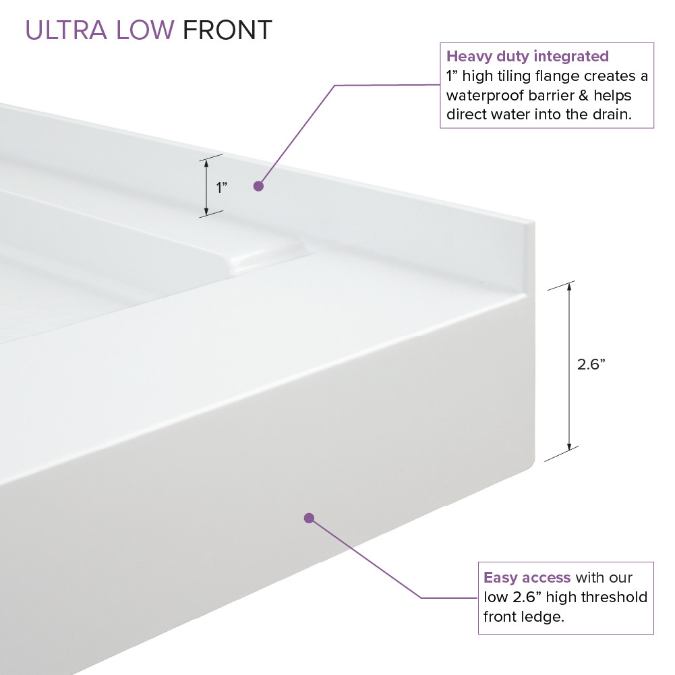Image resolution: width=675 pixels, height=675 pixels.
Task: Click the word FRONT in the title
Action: point(227,30)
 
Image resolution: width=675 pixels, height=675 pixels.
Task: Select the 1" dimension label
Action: point(221,187)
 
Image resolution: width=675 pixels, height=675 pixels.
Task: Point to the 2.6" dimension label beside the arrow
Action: point(591,364)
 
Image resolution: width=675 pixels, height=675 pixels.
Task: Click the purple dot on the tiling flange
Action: point(258,186)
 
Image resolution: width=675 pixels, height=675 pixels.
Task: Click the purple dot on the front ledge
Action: point(309,518)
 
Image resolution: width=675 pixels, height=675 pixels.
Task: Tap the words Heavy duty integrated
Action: point(527,56)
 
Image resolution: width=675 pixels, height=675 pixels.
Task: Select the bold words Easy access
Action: point(527,578)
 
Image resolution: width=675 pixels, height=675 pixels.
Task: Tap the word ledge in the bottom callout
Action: point(546,617)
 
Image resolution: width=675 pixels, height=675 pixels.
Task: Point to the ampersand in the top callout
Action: point(584,95)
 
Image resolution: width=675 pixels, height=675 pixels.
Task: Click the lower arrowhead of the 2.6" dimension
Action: point(570,446)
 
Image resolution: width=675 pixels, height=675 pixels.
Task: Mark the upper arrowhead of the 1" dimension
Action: point(206,162)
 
